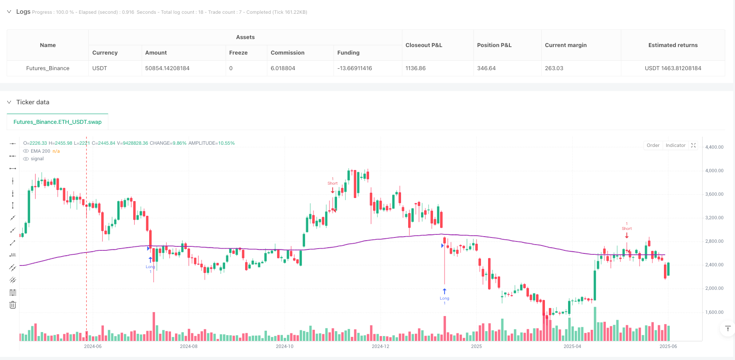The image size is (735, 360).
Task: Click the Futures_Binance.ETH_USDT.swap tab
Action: click(x=57, y=122)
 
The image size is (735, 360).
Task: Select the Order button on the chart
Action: click(x=653, y=146)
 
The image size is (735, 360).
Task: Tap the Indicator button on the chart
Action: click(x=675, y=146)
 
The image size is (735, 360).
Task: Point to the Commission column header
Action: click(x=287, y=53)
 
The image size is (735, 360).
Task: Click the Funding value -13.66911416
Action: click(x=354, y=68)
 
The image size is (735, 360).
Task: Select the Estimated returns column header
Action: click(x=673, y=45)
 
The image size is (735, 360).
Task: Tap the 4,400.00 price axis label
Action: click(x=714, y=147)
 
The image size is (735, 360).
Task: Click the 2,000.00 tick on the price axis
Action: click(x=714, y=289)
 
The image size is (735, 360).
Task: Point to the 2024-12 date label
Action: click(x=380, y=346)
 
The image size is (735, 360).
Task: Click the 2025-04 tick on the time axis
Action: click(x=572, y=346)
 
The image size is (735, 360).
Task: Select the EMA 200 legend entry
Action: click(x=40, y=151)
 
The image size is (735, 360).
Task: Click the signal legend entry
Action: click(x=37, y=159)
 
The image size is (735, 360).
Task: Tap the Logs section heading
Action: click(x=23, y=12)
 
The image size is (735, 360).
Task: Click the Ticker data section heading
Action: click(x=33, y=102)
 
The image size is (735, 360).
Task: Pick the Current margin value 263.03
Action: click(x=554, y=68)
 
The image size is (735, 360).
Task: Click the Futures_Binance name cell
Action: click(x=48, y=68)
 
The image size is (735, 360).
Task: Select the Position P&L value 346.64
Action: click(x=486, y=68)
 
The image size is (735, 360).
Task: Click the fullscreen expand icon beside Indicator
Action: click(x=693, y=146)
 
